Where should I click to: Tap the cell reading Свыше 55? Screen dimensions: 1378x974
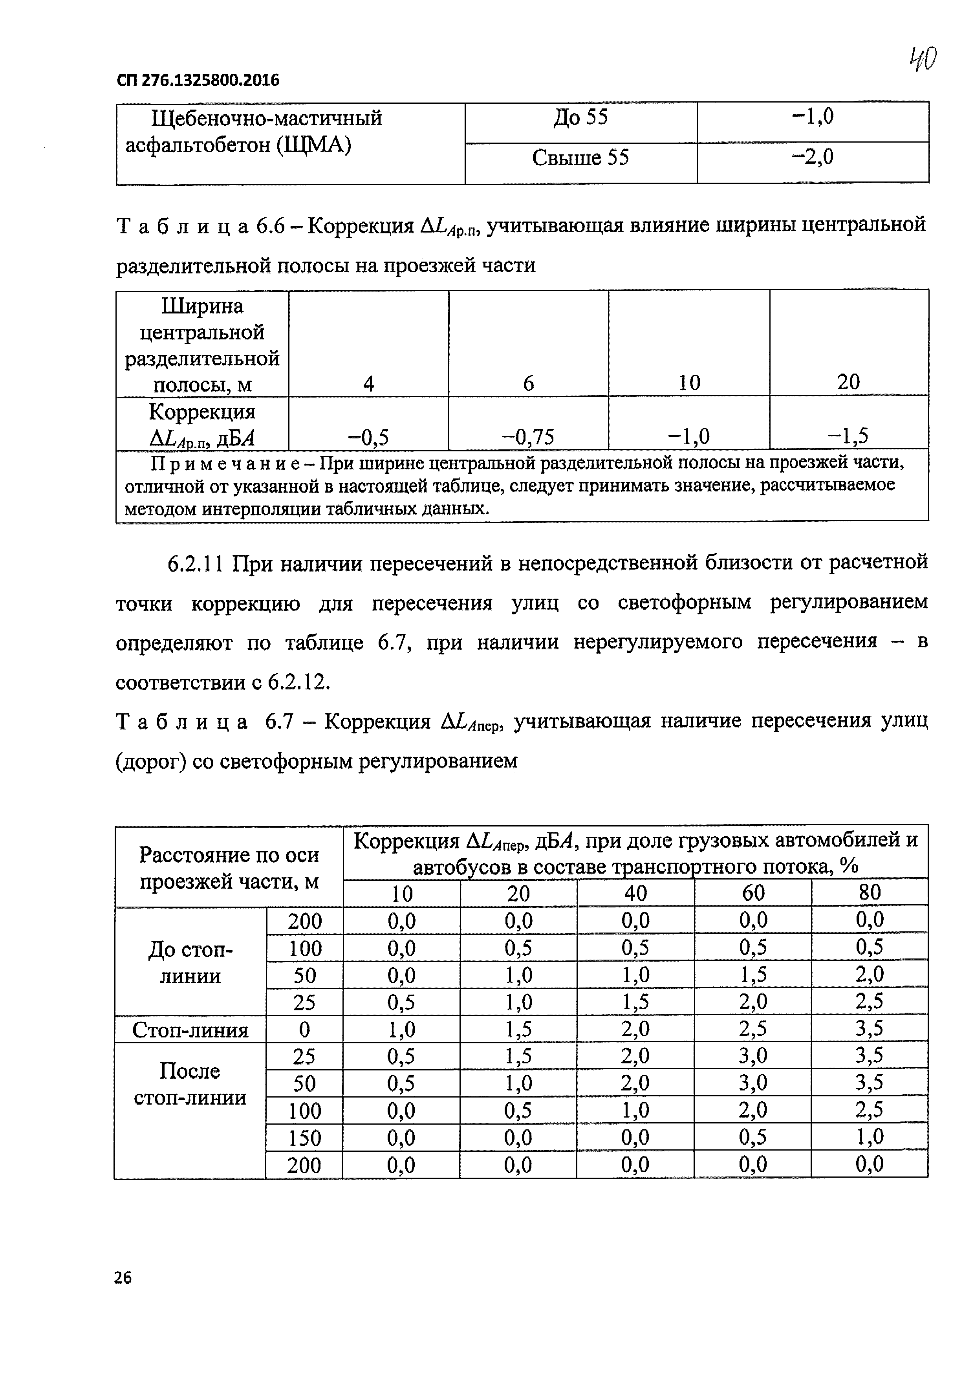point(580,158)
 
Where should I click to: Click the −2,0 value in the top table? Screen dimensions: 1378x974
point(813,157)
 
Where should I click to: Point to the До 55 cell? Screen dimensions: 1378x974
point(580,117)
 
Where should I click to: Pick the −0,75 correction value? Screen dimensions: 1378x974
point(528,437)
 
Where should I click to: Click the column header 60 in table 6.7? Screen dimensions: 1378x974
point(753,893)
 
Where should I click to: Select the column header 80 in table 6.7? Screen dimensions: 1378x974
point(870,892)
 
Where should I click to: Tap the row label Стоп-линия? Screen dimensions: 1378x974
point(190,1030)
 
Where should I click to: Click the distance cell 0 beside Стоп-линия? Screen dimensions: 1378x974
point(304,1030)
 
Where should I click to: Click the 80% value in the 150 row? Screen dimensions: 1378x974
point(870,1137)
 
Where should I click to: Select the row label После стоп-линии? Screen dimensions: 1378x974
point(190,1084)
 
